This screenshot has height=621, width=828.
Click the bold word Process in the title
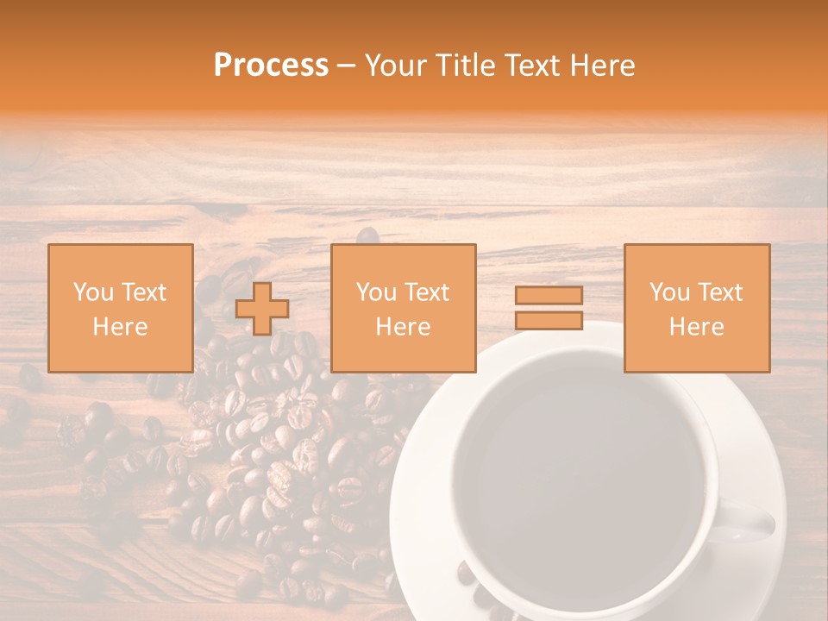pyautogui.click(x=271, y=66)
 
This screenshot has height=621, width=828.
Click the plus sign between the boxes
pyautogui.click(x=262, y=309)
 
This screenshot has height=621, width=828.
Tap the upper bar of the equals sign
pyautogui.click(x=549, y=295)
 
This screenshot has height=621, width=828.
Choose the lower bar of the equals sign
pyautogui.click(x=549, y=320)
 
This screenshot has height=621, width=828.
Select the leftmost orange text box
pyautogui.click(x=121, y=308)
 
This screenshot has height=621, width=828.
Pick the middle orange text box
pyautogui.click(x=403, y=308)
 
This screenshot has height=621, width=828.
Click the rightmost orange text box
pyautogui.click(x=697, y=308)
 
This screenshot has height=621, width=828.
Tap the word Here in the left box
pyautogui.click(x=120, y=327)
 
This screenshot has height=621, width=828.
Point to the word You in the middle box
pyautogui.click(x=376, y=292)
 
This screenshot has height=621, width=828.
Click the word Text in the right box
pyautogui.click(x=721, y=292)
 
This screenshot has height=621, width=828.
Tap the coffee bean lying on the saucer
pyautogui.click(x=467, y=574)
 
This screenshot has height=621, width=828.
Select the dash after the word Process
pyautogui.click(x=346, y=66)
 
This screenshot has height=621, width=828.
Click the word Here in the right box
pyautogui.click(x=696, y=327)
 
